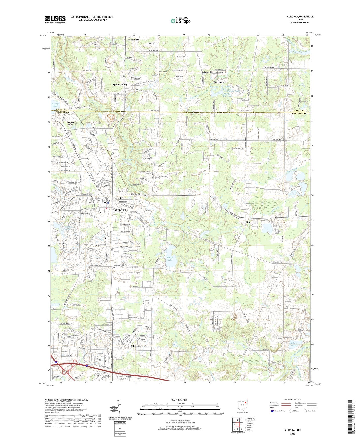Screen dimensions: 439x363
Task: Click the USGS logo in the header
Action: coord(55,19)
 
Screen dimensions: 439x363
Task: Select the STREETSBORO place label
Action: coord(141,346)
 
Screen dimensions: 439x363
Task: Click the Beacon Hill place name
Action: coord(134,40)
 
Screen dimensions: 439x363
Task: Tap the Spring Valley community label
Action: coord(120,85)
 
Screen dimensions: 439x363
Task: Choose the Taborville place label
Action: coord(207,72)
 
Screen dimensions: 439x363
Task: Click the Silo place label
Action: coord(248,222)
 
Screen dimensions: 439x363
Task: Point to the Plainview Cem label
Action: coord(119,265)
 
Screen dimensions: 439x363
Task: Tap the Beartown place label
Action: coord(218,82)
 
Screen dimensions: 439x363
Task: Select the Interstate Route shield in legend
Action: coord(272,411)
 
